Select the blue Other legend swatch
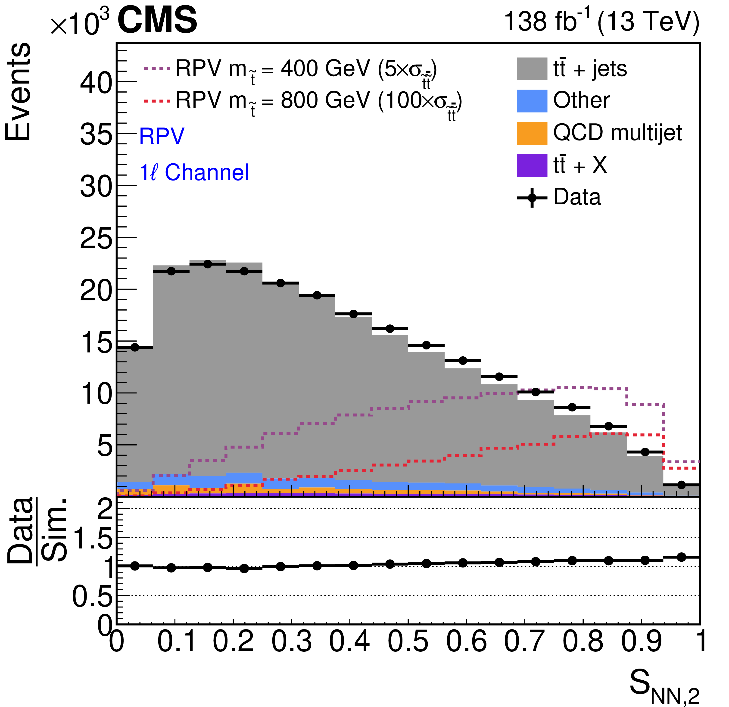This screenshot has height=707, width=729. point(532,101)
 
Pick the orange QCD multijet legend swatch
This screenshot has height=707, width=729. point(532,133)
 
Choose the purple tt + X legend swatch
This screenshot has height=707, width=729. point(532,165)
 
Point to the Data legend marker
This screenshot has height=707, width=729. point(532,197)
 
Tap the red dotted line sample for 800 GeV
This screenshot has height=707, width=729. point(157,101)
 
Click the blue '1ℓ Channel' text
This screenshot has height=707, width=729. point(194,173)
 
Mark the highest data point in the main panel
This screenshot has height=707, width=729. point(208,264)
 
